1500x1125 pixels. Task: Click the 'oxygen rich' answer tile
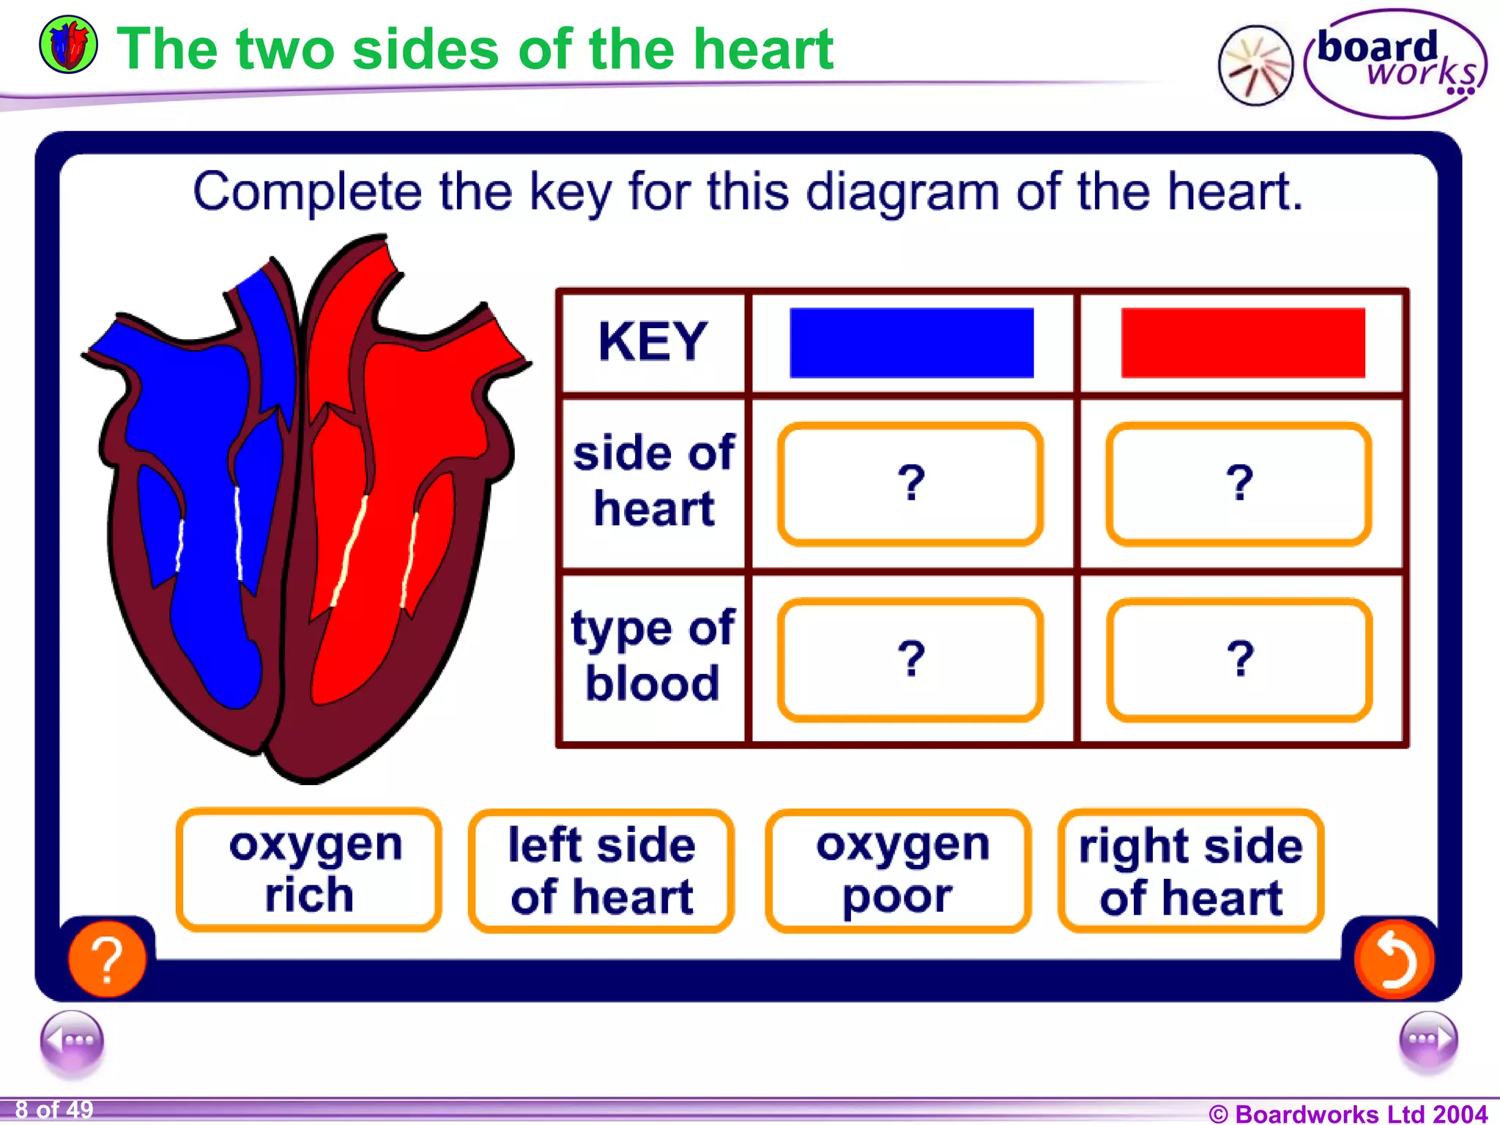[308, 870]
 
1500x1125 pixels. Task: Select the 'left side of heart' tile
[601, 870]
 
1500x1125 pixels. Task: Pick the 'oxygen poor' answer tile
[899, 870]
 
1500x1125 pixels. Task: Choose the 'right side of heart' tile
[1191, 870]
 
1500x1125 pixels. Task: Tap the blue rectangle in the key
[911, 343]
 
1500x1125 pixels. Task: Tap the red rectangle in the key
[1243, 343]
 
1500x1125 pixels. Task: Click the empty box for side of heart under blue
[910, 484]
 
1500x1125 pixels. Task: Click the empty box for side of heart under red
[1239, 484]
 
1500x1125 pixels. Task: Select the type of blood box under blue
[910, 660]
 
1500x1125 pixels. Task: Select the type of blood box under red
[1239, 660]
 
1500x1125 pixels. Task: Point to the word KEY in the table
[653, 342]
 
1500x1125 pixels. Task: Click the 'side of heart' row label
[653, 480]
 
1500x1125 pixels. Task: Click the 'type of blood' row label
[653, 656]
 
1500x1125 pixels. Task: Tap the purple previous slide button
[72, 1041]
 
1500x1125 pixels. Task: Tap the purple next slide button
[1427, 1041]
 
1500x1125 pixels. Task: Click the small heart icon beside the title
[68, 45]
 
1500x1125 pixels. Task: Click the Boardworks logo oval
[1395, 64]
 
